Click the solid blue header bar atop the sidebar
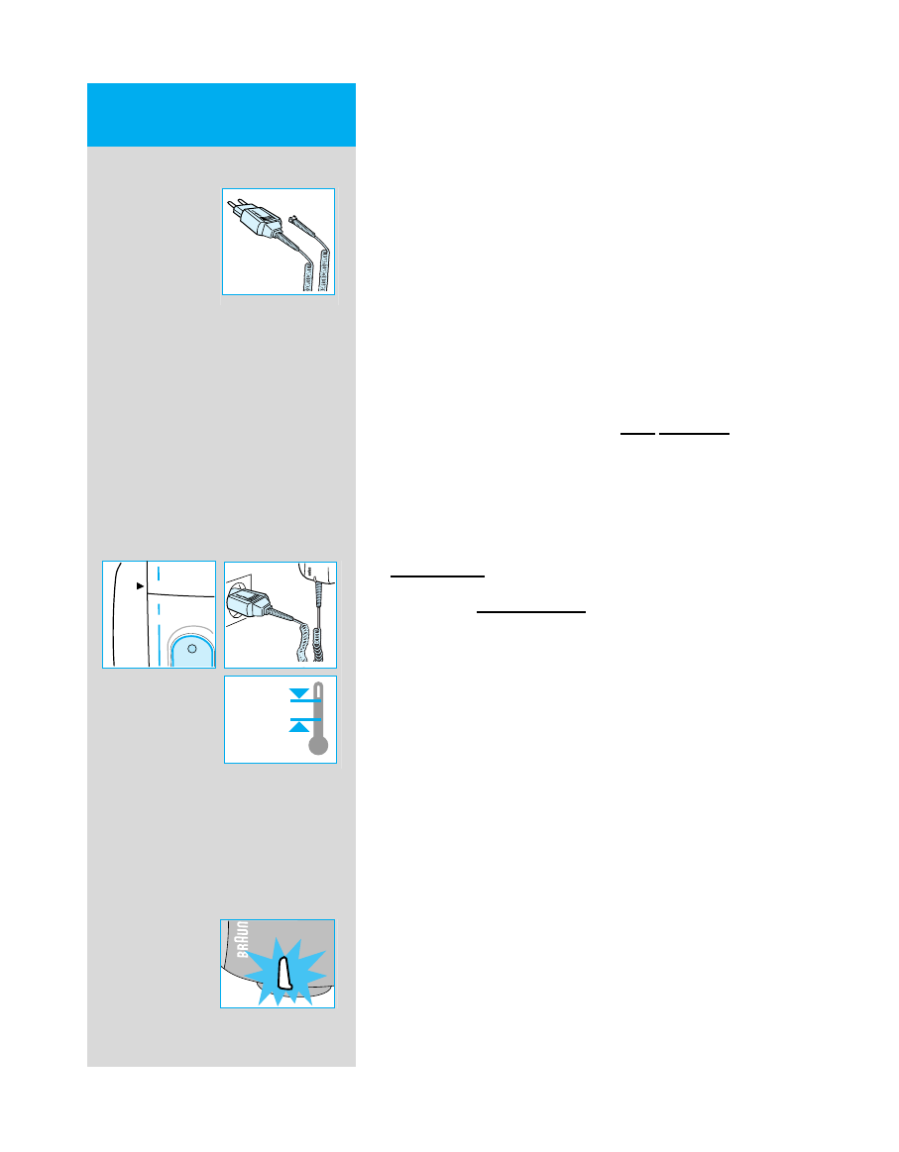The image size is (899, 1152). [221, 115]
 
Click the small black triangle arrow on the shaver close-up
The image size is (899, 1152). [141, 586]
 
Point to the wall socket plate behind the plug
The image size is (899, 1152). [233, 594]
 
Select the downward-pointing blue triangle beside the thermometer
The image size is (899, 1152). [298, 692]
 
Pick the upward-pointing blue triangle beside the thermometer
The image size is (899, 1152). [298, 726]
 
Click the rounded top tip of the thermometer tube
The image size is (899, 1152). [317, 685]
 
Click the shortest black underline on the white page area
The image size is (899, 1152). [636, 434]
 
